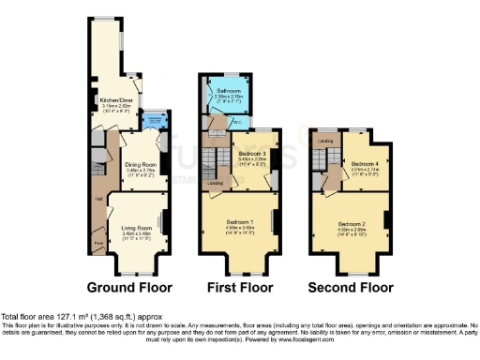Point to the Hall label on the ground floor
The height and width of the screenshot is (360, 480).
(98, 197)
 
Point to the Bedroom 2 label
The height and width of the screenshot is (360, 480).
(352, 223)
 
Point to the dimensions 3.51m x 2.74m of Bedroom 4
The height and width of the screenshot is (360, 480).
(365, 169)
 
